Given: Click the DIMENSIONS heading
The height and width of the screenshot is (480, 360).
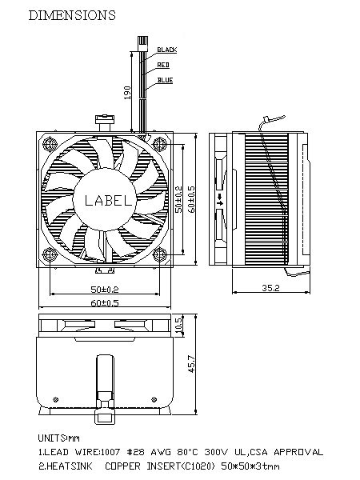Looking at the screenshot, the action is [72, 15].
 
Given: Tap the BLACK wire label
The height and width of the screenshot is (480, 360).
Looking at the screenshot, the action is [167, 50].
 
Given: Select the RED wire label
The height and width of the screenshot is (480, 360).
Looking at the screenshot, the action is [163, 65].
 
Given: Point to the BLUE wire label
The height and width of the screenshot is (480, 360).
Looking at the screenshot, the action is [166, 80].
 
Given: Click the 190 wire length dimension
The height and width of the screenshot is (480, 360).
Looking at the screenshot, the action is [127, 93].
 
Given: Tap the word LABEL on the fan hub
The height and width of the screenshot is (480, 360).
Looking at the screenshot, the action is [108, 201].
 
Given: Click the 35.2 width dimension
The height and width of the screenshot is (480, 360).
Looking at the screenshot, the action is [270, 288].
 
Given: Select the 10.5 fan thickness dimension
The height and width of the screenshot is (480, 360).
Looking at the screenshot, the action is [178, 325].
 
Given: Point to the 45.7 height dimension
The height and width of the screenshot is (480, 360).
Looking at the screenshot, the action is [192, 364].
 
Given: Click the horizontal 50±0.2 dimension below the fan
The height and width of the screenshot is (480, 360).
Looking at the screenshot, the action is [105, 289].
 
